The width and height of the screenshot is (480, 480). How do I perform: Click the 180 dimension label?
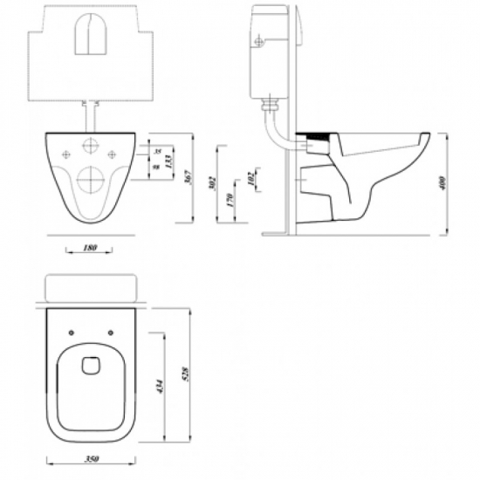[x=89, y=249]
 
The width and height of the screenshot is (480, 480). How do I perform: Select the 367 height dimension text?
[x=187, y=177]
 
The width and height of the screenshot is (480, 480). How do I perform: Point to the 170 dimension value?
[x=229, y=198]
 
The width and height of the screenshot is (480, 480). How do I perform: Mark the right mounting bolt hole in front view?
[x=112, y=155]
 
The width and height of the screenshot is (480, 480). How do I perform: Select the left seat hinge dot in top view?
[x=68, y=331]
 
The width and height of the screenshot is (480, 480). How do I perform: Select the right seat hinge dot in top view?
[x=112, y=331]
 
